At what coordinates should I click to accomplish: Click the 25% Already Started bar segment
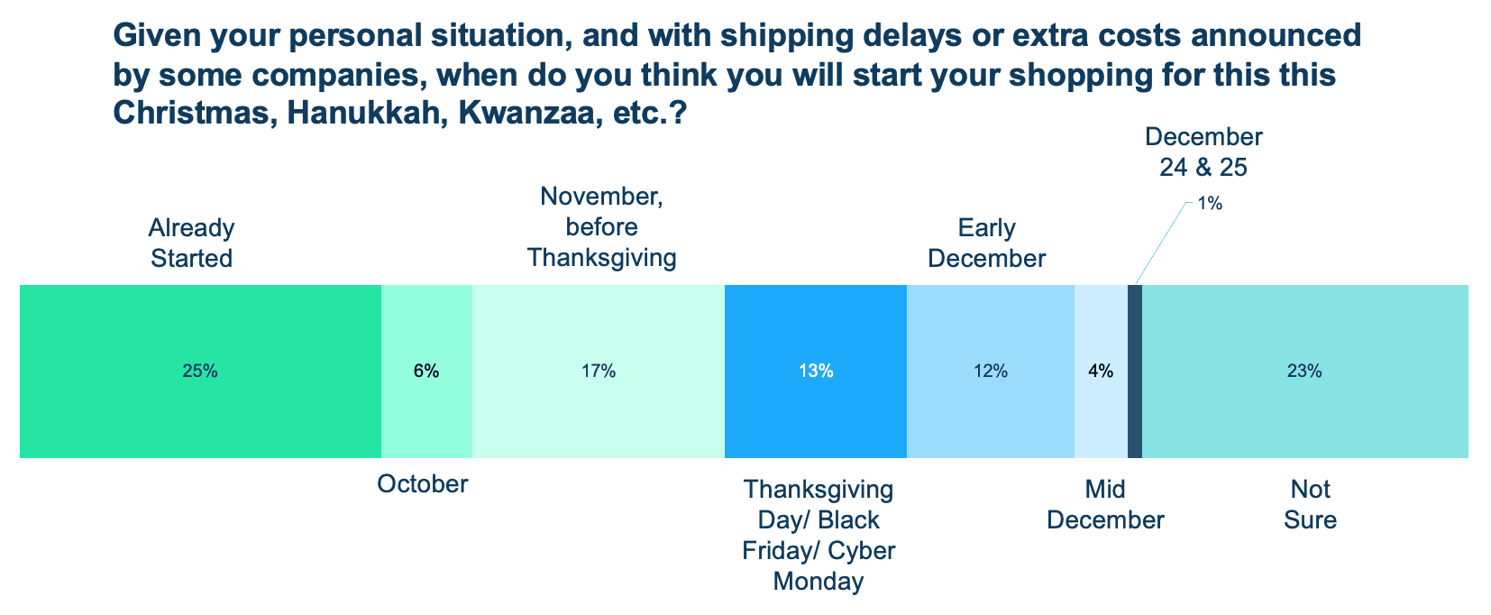click(200, 371)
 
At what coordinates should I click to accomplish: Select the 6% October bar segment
click(426, 371)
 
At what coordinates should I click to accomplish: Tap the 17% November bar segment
click(598, 371)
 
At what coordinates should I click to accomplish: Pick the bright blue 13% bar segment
click(815, 371)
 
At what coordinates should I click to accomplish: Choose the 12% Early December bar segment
click(990, 371)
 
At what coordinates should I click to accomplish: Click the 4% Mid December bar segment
click(1101, 371)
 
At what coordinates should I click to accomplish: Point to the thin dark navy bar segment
click(1135, 371)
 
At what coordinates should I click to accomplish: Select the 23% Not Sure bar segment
click(1304, 371)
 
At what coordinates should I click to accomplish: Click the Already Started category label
click(191, 243)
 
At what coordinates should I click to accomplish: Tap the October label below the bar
click(422, 484)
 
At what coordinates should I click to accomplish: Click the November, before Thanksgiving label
click(601, 227)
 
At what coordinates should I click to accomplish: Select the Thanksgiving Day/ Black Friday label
click(819, 535)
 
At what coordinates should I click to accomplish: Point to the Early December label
click(986, 243)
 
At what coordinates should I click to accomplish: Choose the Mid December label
click(1105, 505)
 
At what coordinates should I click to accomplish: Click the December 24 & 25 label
click(1203, 151)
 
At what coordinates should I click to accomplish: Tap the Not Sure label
click(1310, 505)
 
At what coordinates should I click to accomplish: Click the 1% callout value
click(1210, 205)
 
